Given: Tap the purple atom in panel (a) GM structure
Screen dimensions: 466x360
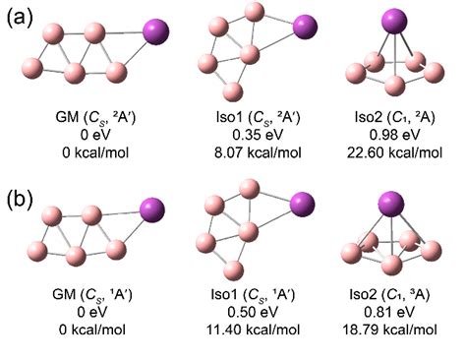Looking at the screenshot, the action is click(156, 32).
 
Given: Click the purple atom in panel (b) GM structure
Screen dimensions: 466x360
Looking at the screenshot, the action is click(153, 210).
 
